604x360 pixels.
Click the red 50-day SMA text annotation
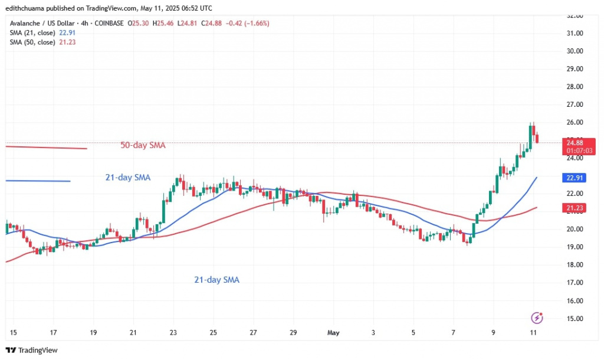click(x=143, y=145)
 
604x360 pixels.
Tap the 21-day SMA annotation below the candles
click(x=217, y=280)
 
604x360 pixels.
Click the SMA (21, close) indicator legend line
click(x=43, y=32)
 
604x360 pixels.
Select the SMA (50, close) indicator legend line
click(x=43, y=42)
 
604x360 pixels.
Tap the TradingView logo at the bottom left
click(x=32, y=351)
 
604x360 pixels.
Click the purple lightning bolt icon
click(x=537, y=318)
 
